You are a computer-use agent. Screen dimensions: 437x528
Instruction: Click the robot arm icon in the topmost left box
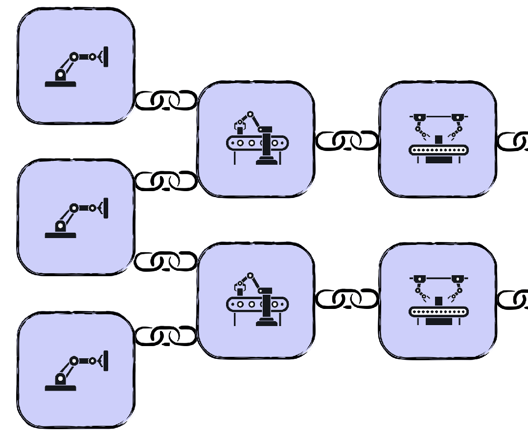pos(76,67)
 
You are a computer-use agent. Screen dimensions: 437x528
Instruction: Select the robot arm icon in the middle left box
pos(76,218)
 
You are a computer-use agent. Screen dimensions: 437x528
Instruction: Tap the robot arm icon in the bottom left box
pos(76,371)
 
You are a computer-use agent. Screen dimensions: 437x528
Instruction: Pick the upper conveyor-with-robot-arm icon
pos(257,138)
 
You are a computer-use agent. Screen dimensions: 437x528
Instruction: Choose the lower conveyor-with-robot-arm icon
pos(257,299)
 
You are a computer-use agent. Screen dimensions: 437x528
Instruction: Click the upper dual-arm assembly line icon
pos(438,138)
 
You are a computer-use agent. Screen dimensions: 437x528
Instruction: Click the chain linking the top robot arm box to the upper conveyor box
pos(166,100)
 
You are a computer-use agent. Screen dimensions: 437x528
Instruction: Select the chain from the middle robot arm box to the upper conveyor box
pos(166,181)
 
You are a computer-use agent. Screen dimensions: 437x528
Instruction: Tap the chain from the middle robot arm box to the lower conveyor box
pos(166,261)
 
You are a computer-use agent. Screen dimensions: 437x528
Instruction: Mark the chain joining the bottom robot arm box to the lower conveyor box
pos(166,335)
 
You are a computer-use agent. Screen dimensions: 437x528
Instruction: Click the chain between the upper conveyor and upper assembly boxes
pos(347,141)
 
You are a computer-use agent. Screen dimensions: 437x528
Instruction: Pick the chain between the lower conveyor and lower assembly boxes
pos(347,299)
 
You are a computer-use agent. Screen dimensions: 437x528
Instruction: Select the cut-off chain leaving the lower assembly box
pos(514,299)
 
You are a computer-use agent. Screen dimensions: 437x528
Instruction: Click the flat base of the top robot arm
pos(61,84)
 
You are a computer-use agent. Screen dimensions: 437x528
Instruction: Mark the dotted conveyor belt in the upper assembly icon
pos(438,150)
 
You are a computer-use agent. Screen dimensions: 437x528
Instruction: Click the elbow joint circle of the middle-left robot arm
pos(74,208)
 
